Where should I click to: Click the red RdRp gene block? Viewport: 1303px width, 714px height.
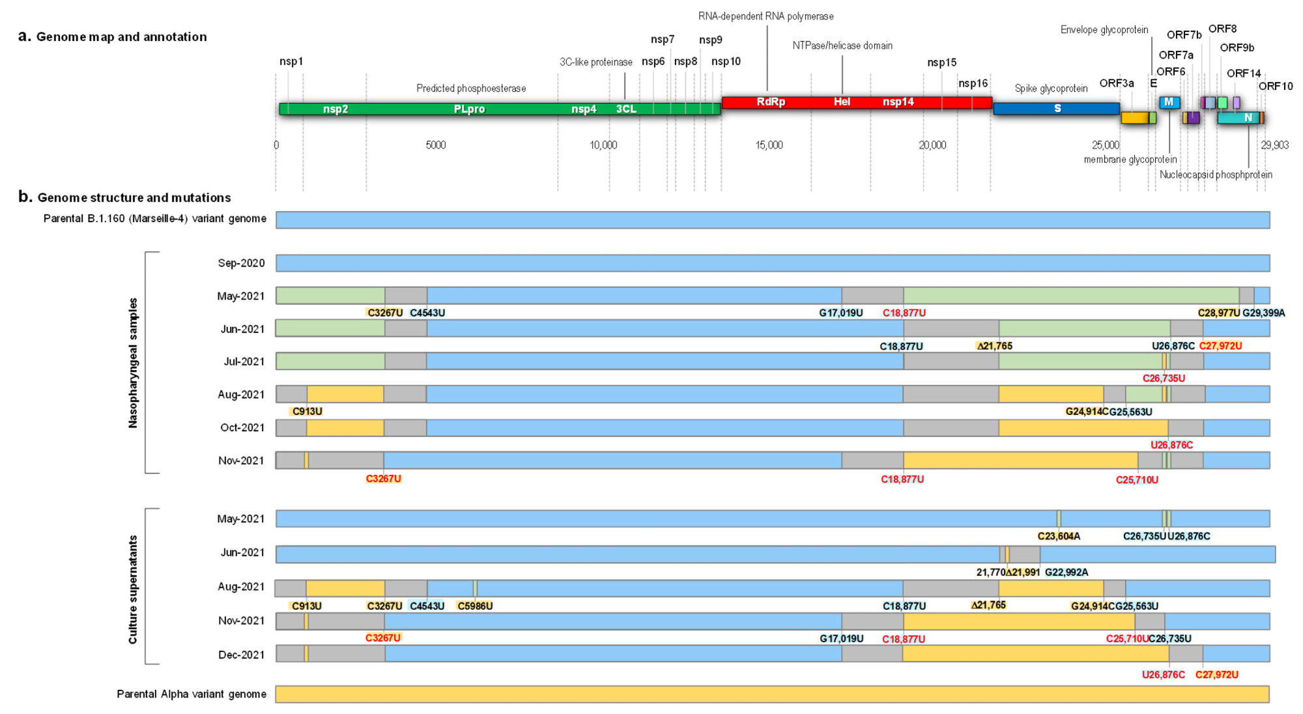point(771,102)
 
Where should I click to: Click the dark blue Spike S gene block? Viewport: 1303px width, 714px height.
point(1056,108)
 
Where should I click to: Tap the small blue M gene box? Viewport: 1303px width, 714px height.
point(1169,102)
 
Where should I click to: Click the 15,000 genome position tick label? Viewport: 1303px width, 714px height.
point(769,145)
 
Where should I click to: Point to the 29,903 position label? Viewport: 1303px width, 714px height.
point(1274,145)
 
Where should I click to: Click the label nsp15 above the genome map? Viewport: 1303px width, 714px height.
point(941,63)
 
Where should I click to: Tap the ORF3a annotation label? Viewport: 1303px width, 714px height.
point(1116,83)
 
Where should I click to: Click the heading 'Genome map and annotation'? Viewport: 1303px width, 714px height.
point(121,37)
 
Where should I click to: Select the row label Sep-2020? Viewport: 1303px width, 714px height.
point(241,263)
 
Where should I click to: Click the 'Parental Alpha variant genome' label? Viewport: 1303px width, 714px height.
point(192,694)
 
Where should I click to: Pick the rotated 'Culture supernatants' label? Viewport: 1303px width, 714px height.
point(133,590)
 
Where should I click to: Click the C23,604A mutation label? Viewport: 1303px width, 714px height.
point(1059,536)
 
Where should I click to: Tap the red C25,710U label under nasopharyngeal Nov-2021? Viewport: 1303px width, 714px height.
point(1137,480)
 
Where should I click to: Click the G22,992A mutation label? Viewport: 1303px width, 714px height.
point(1066,573)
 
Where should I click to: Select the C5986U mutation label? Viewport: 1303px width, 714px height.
point(474,607)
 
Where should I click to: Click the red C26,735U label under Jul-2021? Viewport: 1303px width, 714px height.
point(1164,378)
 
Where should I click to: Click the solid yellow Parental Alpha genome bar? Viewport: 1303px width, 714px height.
point(772,694)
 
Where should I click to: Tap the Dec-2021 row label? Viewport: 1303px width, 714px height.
point(241,655)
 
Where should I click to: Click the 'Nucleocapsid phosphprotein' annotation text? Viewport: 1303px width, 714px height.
point(1216,175)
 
